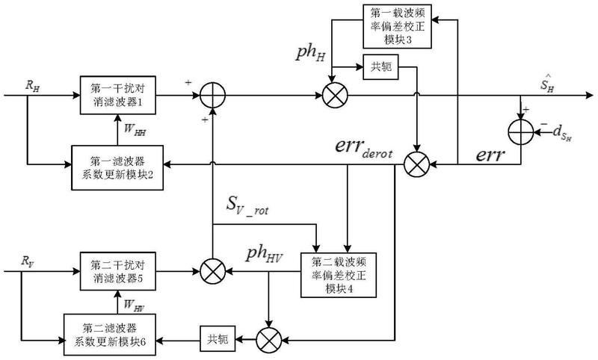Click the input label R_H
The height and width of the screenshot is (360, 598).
pyautogui.click(x=32, y=85)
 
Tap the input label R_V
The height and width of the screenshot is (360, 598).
pyautogui.click(x=28, y=261)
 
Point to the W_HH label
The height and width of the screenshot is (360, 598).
pyautogui.click(x=136, y=129)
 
